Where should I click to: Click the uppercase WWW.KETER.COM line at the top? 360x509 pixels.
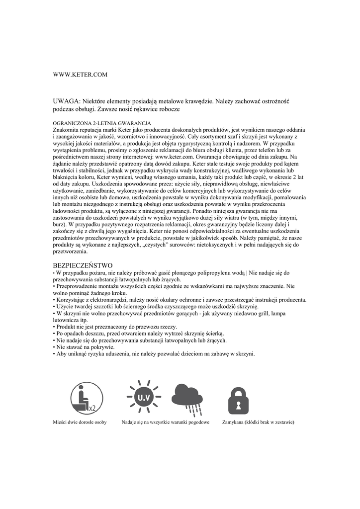[x=80, y=75]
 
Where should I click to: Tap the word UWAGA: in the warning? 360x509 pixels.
[x=66, y=101]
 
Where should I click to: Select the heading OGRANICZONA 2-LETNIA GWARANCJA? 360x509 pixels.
[x=101, y=122]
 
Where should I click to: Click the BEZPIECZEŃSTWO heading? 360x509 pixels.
[x=83, y=265]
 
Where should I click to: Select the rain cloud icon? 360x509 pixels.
[x=187, y=398]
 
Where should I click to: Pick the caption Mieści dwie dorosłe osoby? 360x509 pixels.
[x=80, y=423]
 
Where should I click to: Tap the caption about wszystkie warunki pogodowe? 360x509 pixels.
[x=165, y=423]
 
